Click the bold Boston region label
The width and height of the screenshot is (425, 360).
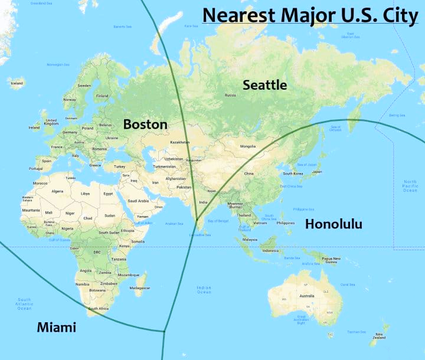click(145, 125)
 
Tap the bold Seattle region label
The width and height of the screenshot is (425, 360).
click(265, 85)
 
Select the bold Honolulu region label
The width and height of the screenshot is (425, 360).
click(333, 224)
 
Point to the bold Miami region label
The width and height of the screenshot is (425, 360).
click(56, 326)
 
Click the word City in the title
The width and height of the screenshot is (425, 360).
click(399, 14)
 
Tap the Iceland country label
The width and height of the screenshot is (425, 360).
click(17, 83)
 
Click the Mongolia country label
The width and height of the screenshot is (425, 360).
click(248, 146)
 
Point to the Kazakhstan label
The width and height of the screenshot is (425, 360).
click(179, 142)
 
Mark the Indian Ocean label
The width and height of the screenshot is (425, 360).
click(204, 289)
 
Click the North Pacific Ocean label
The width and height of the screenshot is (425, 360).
click(410, 186)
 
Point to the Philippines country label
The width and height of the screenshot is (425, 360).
click(285, 223)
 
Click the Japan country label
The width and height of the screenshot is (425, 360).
click(317, 172)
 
